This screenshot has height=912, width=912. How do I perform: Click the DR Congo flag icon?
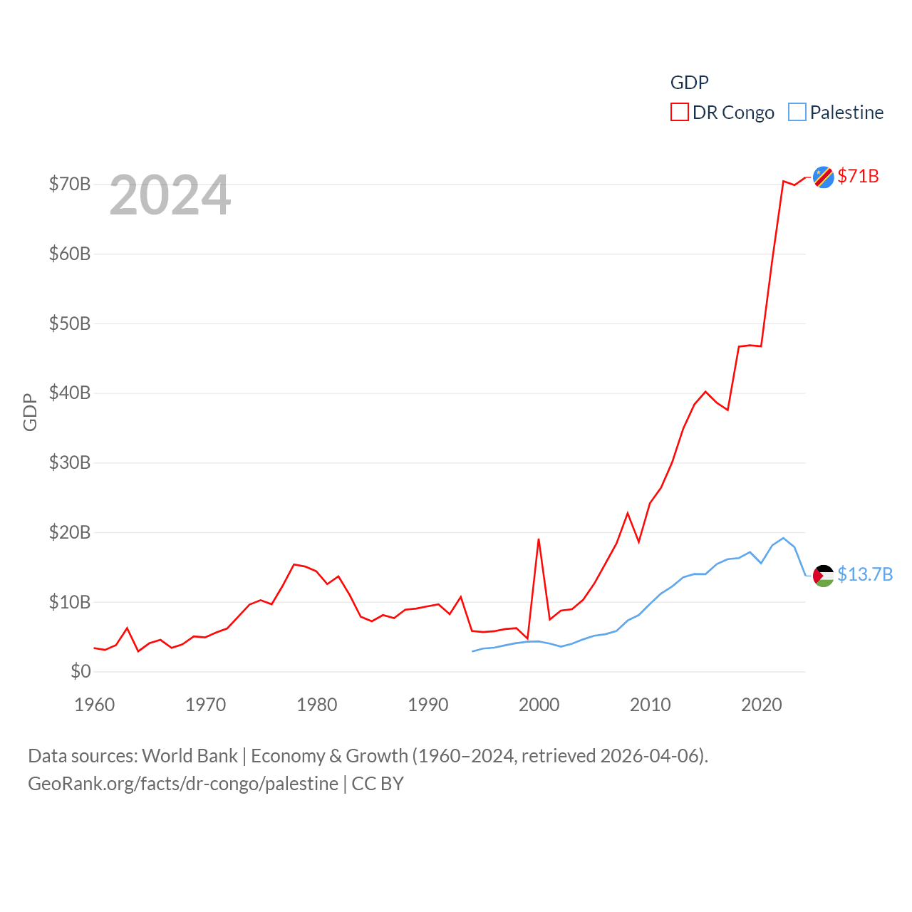(823, 177)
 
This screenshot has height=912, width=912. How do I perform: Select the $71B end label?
(858, 176)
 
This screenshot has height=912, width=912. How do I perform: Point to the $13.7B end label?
(865, 574)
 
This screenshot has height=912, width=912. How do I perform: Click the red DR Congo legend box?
(679, 113)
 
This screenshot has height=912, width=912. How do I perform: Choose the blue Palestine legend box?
(797, 113)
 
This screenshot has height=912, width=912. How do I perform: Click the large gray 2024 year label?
(170, 195)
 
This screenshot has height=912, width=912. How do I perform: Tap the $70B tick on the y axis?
(70, 184)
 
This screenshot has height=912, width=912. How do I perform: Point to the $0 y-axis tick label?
(81, 671)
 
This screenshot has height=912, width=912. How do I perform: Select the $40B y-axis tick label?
(70, 393)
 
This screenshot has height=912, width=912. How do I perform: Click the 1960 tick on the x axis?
(95, 705)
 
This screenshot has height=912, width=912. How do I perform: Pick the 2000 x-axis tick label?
(539, 705)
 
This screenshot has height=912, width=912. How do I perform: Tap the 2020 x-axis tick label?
(762, 705)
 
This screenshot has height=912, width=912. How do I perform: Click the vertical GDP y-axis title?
(30, 412)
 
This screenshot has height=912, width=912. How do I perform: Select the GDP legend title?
(690, 83)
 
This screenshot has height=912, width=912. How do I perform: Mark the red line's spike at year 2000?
(539, 539)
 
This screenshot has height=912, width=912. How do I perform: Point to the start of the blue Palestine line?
(472, 651)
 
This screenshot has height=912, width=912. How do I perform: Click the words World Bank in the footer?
(190, 755)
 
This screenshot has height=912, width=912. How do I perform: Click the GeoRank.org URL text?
(183, 784)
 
